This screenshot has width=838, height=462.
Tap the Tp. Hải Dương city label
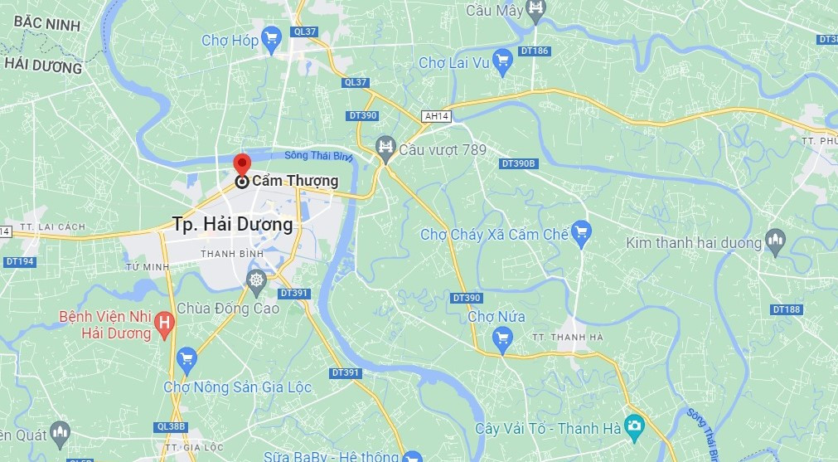(233, 224)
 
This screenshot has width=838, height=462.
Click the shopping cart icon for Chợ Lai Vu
(501, 61)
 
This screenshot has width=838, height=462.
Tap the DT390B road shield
(520, 164)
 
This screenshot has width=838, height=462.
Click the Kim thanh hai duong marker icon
(776, 241)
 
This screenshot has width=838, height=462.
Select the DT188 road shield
(787, 309)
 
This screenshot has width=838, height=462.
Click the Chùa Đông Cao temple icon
(257, 280)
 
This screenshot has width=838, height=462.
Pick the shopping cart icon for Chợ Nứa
(501, 337)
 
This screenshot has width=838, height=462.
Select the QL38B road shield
(171, 427)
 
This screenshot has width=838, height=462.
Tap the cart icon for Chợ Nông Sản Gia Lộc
(187, 359)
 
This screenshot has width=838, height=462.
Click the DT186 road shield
(537, 51)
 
